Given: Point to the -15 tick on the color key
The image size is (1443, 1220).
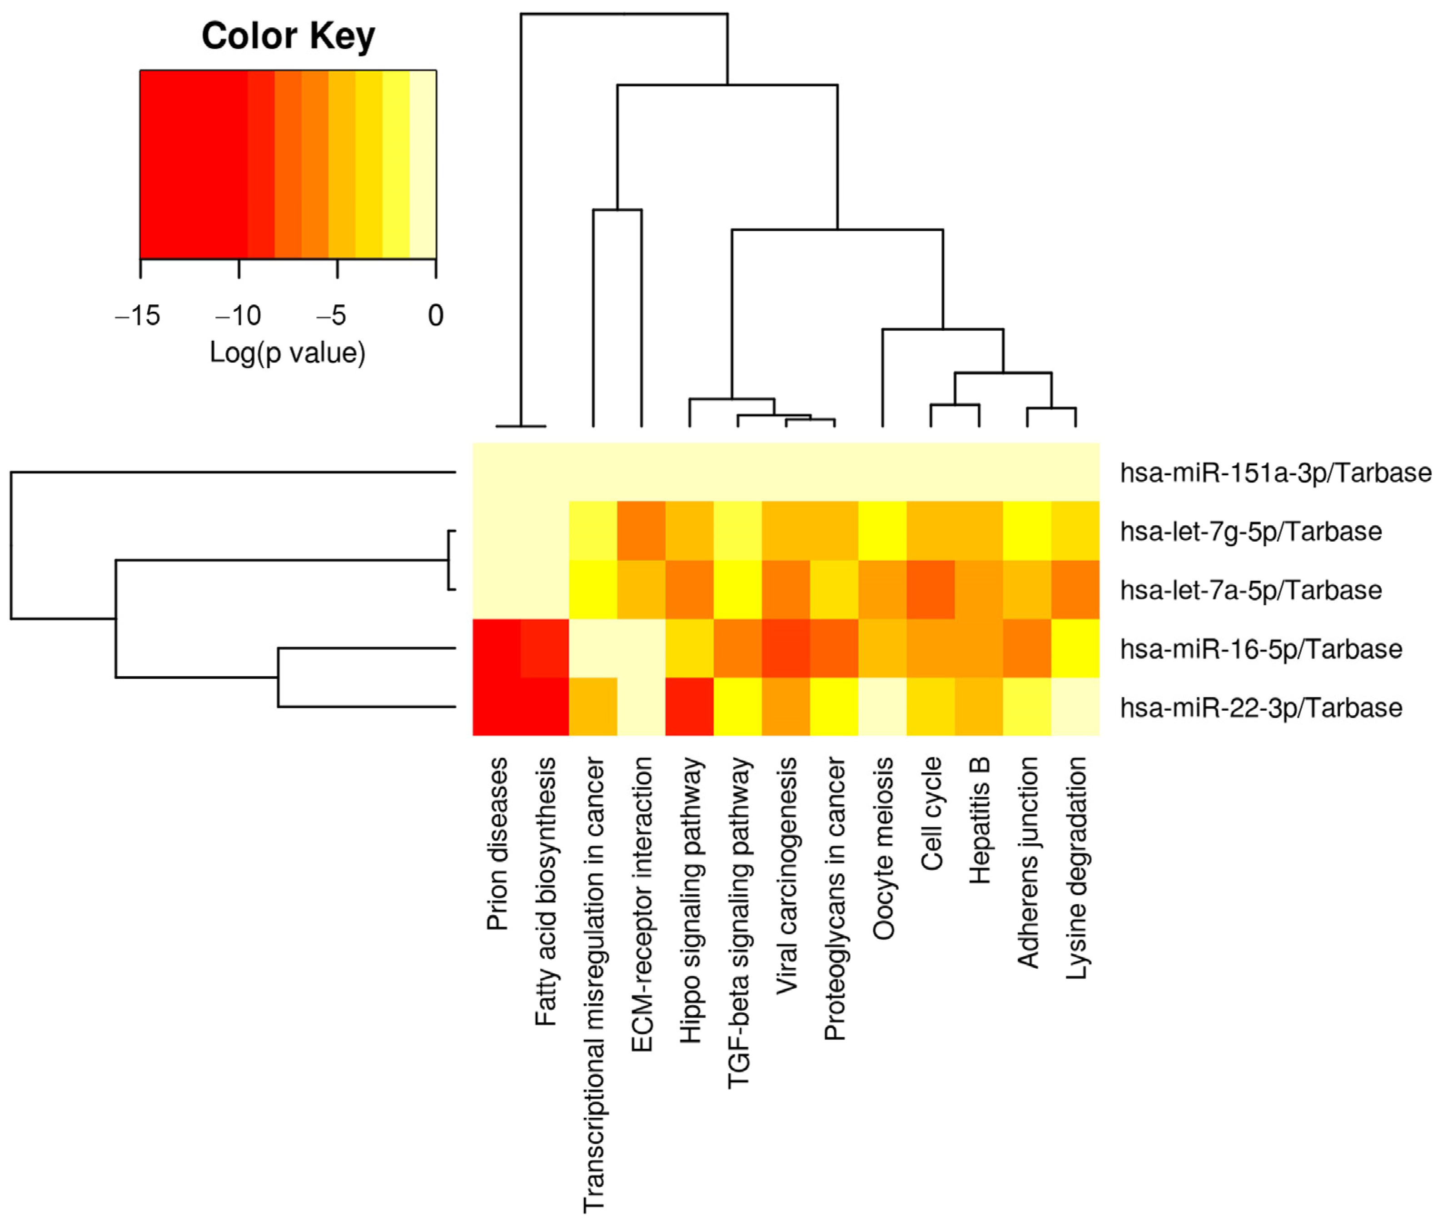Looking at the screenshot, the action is pyautogui.click(x=140, y=269).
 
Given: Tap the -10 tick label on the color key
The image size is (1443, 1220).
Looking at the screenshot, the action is pyautogui.click(x=238, y=316).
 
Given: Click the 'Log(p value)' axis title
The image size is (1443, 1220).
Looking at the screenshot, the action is pyautogui.click(x=288, y=353).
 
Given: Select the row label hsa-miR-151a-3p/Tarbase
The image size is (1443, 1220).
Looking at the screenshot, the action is pyautogui.click(x=1276, y=473).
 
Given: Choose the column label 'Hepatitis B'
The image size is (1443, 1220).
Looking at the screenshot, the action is pyautogui.click(x=979, y=820).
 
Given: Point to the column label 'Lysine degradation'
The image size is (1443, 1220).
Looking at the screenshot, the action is pyautogui.click(x=1076, y=868).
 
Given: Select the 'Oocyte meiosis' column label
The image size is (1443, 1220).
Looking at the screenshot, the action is pyautogui.click(x=883, y=848).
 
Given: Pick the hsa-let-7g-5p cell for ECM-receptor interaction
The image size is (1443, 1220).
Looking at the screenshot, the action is pyautogui.click(x=641, y=530).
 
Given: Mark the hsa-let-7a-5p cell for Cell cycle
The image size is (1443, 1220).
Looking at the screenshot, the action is pyautogui.click(x=930, y=589).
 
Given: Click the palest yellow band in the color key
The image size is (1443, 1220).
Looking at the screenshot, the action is pyautogui.click(x=423, y=164).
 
